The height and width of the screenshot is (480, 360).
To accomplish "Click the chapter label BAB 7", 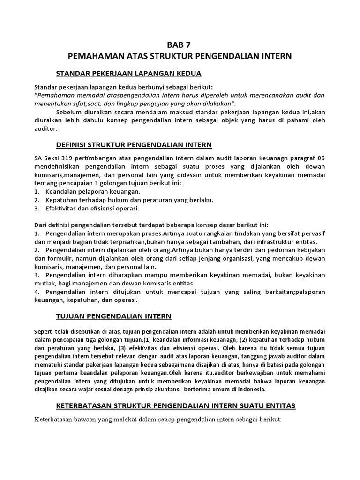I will [x=180, y=45].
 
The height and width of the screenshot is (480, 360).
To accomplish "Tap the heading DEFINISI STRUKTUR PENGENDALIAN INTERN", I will [x=134, y=144].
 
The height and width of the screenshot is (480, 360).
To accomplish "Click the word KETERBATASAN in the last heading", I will [x=88, y=405].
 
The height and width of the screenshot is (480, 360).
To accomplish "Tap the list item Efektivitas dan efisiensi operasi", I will [x=92, y=209].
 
